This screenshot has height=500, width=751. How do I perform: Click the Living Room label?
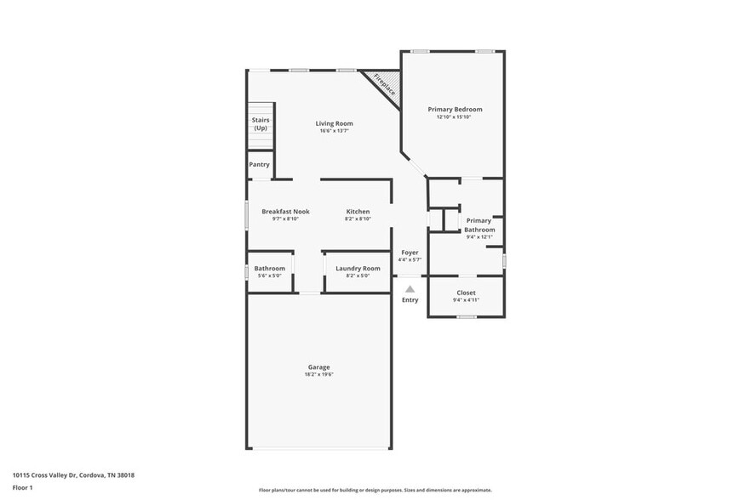[x=335, y=123]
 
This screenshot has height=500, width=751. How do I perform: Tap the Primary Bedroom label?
[x=455, y=109]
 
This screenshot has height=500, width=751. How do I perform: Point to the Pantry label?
[x=259, y=164]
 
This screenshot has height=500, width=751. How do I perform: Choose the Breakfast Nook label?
[x=285, y=211]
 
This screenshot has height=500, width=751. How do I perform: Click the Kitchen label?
[x=358, y=211]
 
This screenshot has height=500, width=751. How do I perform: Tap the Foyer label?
[x=410, y=252]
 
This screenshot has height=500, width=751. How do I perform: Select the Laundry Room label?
[x=358, y=268]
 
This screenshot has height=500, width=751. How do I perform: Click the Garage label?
[x=318, y=366]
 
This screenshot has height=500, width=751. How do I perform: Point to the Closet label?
[x=466, y=293]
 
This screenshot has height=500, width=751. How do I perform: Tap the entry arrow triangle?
[x=410, y=289]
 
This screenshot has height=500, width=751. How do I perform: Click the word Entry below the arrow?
[x=410, y=299]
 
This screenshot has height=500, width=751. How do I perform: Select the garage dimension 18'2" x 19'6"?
[x=318, y=374]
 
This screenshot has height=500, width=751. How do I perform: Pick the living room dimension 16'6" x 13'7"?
[x=335, y=131]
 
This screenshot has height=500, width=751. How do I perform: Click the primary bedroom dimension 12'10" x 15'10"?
[x=454, y=116]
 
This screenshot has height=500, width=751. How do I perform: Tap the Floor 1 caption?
[x=22, y=487]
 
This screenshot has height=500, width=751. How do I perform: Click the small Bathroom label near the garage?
[x=269, y=268]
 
